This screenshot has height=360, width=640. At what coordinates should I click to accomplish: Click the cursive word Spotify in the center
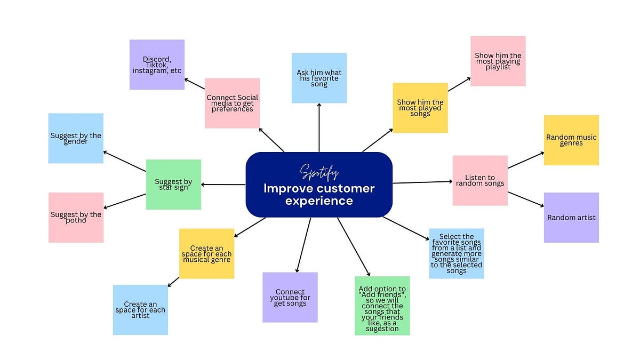(x=319, y=172)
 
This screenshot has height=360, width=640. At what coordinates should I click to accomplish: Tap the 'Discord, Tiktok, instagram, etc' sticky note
(x=157, y=65)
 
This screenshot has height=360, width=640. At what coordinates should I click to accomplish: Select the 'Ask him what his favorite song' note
(x=319, y=78)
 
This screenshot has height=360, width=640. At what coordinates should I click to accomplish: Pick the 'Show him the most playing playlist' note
(x=498, y=61)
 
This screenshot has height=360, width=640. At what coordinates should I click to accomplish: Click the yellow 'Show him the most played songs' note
(x=420, y=108)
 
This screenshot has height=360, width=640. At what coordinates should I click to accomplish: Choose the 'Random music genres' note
(x=571, y=140)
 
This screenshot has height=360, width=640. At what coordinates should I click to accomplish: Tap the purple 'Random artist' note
(x=571, y=218)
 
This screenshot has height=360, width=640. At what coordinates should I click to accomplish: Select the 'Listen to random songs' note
(x=480, y=180)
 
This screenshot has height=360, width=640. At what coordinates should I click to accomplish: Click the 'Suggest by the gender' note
(x=76, y=138)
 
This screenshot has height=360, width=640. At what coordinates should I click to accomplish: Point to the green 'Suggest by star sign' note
(x=173, y=185)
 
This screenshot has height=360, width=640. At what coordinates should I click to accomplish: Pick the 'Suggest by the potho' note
(x=76, y=218)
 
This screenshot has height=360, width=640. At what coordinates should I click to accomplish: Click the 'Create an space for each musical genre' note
(x=206, y=253)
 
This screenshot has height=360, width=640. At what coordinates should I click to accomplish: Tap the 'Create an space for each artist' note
(x=140, y=310)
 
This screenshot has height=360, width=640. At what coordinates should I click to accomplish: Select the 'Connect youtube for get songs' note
(x=290, y=298)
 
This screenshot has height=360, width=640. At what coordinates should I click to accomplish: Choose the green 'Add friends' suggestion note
(x=382, y=306)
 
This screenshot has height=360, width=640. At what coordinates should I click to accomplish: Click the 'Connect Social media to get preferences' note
(x=232, y=103)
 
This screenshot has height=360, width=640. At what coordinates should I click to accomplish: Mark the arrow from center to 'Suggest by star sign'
(x=223, y=185)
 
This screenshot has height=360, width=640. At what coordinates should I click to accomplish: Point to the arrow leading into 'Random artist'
(x=525, y=199)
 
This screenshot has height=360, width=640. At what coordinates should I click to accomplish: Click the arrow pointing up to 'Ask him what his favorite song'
(x=319, y=128)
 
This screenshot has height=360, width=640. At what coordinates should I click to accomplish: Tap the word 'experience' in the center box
(x=319, y=201)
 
